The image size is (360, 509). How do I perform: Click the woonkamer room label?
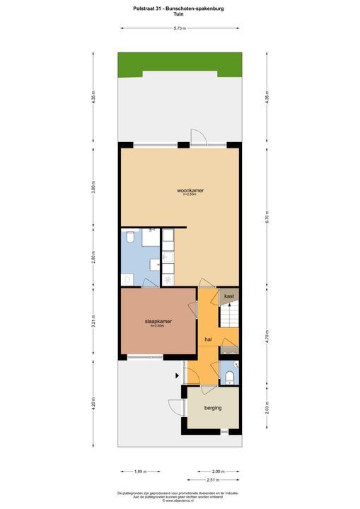(189, 190)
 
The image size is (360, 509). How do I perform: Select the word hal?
(208, 340)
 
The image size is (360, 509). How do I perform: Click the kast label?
(229, 296)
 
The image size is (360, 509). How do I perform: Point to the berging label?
(213, 408)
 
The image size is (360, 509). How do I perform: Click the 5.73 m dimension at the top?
(180, 28)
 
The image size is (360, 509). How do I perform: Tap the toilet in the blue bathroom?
(130, 238)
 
